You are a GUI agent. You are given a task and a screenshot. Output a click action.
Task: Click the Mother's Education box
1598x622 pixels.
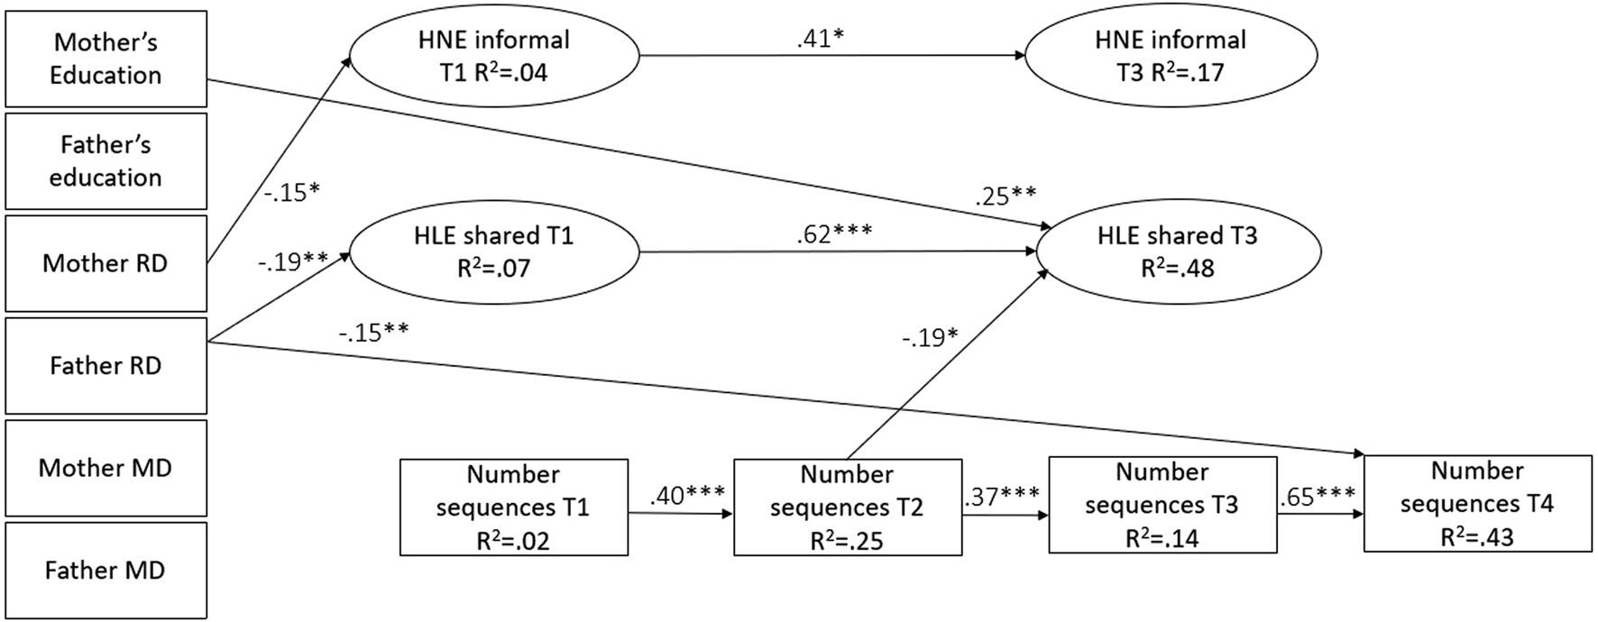point(106,59)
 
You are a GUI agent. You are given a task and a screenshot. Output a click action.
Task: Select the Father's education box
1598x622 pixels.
point(106,161)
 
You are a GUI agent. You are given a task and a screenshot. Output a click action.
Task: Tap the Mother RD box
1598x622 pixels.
point(106,263)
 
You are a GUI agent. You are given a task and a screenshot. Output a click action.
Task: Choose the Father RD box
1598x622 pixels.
point(106,365)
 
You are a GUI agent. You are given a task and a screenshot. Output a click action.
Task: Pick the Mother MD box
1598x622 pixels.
point(106,468)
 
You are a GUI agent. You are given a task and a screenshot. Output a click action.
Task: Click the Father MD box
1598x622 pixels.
point(106,570)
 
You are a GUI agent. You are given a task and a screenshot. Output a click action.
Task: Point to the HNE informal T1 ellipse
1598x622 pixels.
point(493,56)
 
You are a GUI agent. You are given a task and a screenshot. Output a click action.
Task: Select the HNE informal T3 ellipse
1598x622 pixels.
point(1170,56)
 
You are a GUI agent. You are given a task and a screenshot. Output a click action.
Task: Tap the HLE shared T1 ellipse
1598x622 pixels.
point(493,252)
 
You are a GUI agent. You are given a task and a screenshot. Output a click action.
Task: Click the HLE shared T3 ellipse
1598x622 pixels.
point(1177,252)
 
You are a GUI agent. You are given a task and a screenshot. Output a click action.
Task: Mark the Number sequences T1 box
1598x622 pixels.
point(513,508)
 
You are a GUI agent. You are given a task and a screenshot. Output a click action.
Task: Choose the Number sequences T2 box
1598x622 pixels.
point(847,508)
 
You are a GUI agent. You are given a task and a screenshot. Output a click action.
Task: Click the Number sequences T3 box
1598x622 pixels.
point(1162,505)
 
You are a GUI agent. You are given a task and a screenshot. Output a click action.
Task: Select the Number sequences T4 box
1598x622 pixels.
point(1477,503)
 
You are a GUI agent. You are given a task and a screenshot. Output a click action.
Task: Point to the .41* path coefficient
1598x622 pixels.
point(820,39)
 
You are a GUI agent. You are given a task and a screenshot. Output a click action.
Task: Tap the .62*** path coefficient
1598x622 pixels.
point(834,233)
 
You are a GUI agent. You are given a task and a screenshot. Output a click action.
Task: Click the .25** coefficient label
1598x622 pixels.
point(1005,196)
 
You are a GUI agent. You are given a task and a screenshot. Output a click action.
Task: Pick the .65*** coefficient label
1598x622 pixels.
point(1318,496)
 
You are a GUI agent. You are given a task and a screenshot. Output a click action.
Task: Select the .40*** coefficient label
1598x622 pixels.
point(687,496)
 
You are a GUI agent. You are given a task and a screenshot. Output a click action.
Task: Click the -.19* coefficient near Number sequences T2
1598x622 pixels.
point(930,337)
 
